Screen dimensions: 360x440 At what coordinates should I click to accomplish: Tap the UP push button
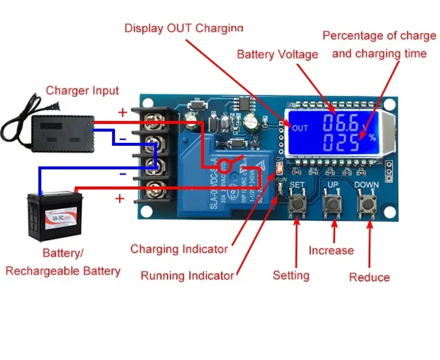(333, 205)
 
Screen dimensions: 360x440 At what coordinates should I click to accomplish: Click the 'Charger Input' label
(82, 90)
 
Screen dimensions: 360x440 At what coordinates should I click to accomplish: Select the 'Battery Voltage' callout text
(277, 54)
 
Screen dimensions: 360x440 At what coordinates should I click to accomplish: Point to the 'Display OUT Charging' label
(184, 28)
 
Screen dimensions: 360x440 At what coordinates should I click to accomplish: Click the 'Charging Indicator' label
(179, 249)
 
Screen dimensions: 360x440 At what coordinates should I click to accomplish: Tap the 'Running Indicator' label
(187, 276)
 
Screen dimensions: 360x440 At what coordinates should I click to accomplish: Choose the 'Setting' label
(291, 276)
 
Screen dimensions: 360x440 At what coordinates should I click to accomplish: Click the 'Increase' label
(331, 251)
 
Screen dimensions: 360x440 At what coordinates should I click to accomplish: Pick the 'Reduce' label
(369, 277)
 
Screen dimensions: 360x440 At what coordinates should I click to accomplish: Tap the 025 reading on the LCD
(339, 142)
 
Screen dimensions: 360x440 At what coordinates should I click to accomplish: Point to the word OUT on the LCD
(300, 128)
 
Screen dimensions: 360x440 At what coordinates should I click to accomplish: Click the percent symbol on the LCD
(372, 138)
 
